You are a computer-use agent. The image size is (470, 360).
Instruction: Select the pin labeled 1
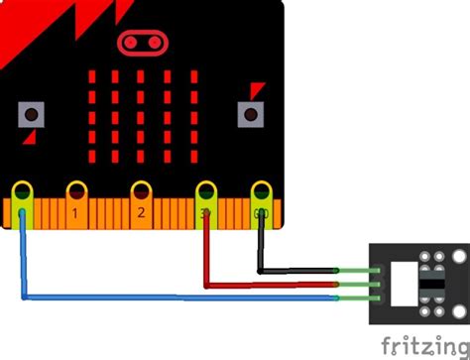(x=76, y=189)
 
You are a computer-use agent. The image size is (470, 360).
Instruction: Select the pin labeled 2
(x=141, y=189)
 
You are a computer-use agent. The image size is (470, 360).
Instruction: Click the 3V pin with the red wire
(x=206, y=189)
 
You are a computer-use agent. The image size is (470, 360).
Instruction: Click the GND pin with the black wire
(x=261, y=189)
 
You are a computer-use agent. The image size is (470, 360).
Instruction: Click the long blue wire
(x=178, y=297)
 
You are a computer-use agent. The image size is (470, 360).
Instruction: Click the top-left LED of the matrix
(x=92, y=76)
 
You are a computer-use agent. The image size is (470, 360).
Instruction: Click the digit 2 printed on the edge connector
(x=141, y=212)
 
